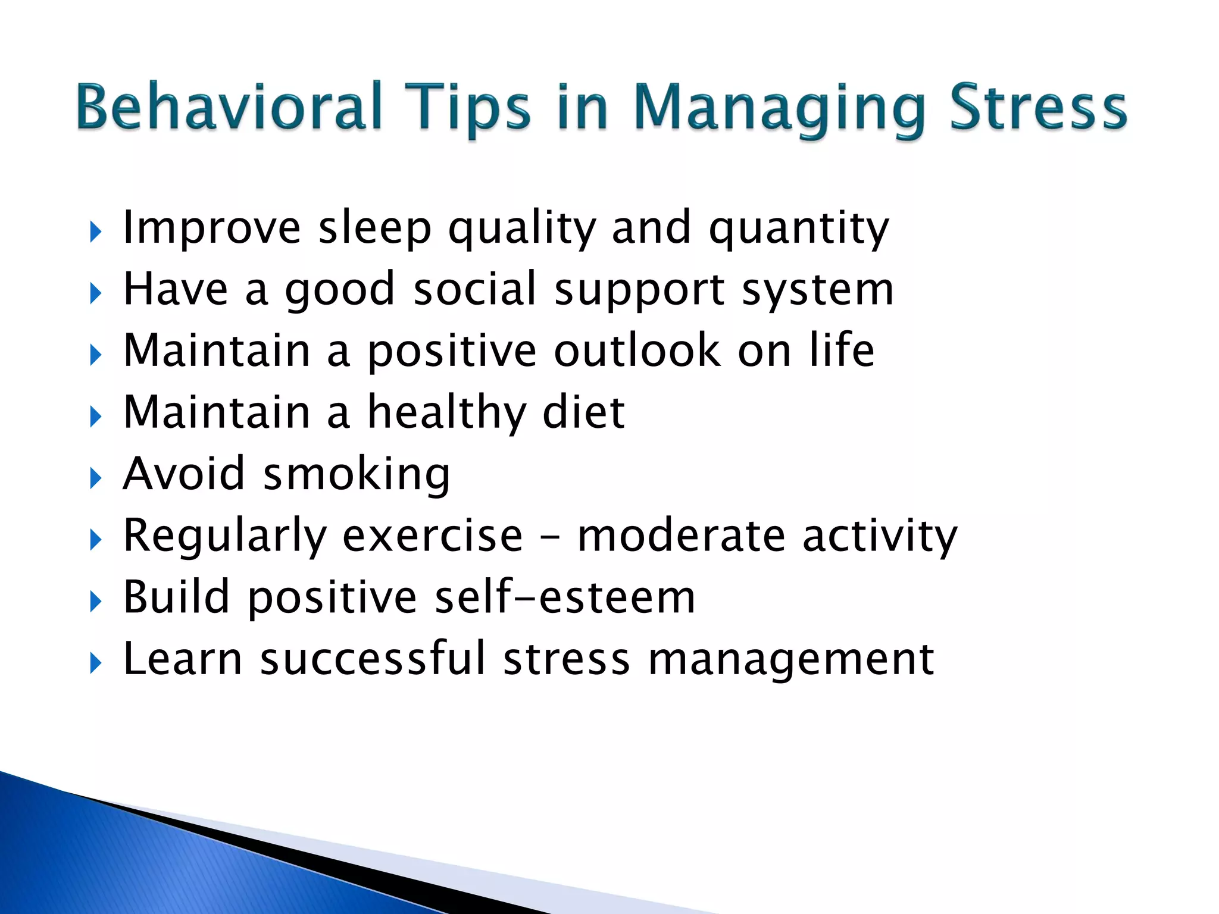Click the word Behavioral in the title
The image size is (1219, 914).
tap(229, 107)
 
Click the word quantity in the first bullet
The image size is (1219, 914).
tap(798, 229)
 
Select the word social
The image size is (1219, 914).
tap(474, 289)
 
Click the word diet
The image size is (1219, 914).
tap(583, 412)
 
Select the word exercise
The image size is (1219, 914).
tap(433, 535)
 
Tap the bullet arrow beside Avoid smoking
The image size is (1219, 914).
tap(96, 478)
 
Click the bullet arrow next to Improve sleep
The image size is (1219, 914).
tap(96, 232)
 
